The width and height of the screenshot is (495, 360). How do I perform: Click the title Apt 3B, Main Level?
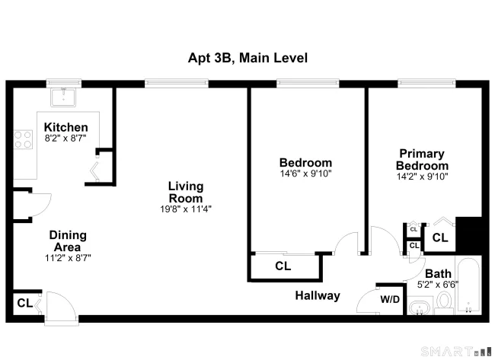point(247,58)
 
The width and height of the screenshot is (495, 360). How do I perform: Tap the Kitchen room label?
point(66,127)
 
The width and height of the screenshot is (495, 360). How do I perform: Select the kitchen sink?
point(63,97)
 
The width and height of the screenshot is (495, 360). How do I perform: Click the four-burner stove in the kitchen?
point(23,139)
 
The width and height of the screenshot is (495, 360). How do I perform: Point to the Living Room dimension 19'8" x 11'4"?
point(186,209)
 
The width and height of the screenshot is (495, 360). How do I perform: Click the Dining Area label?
point(68,241)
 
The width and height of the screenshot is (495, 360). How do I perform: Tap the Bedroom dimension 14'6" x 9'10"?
point(305,174)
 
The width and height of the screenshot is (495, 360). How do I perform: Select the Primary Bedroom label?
point(422,159)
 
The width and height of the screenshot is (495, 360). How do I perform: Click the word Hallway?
point(318,295)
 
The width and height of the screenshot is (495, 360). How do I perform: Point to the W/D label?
point(390,299)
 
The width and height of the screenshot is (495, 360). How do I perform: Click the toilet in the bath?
point(444,303)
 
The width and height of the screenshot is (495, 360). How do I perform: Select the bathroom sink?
point(420,307)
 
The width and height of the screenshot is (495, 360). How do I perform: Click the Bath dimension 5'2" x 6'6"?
point(438,285)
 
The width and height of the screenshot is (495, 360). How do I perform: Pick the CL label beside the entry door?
point(25,303)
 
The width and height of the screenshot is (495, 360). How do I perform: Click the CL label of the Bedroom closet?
point(283,266)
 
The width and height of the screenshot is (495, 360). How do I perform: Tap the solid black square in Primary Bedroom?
point(468,235)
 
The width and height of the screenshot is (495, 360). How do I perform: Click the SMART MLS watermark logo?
point(456,351)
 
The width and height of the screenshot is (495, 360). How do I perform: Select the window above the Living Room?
point(177,83)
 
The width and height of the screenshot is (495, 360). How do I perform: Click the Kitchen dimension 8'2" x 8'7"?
point(65,139)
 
